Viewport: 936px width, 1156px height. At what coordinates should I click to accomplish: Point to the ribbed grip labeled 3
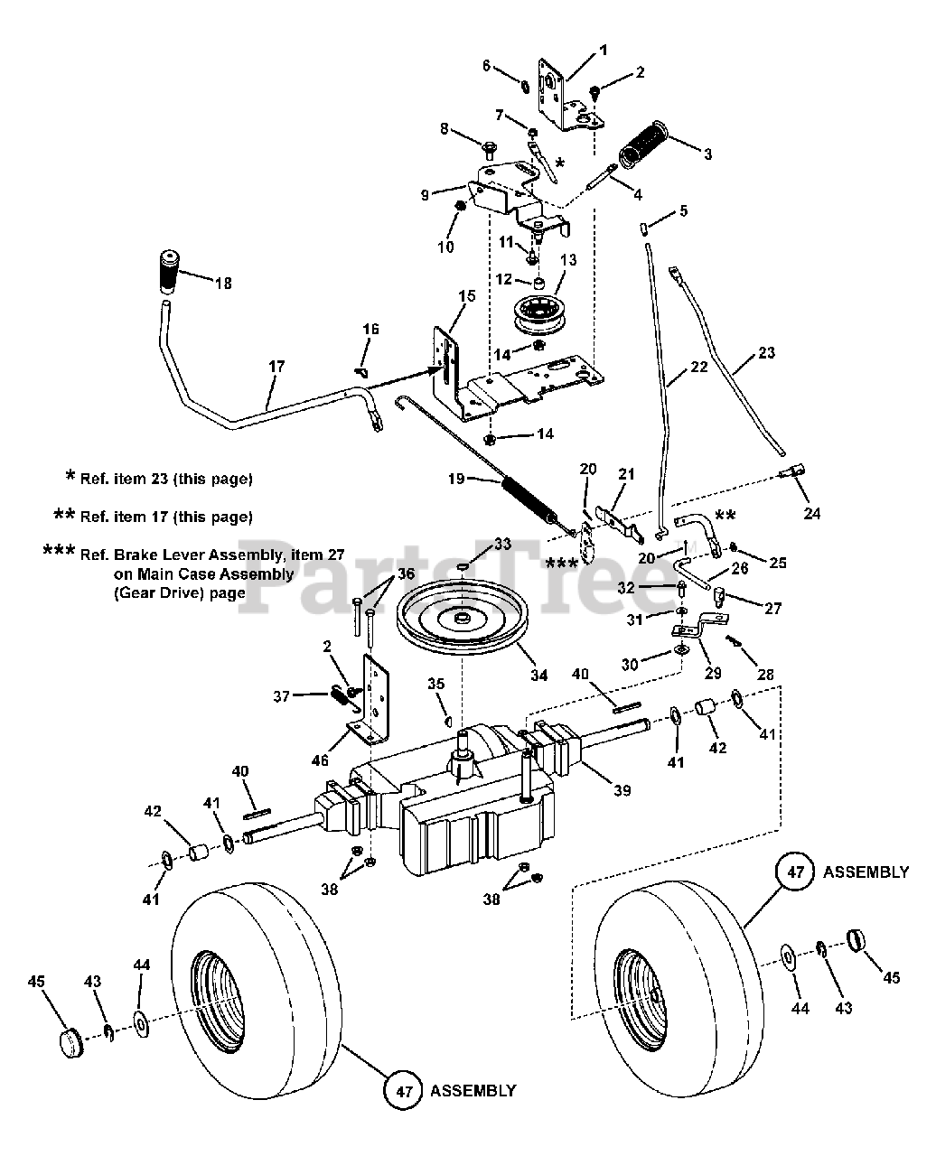tap(642, 144)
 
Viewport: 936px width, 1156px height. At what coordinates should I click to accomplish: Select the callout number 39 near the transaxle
tap(622, 790)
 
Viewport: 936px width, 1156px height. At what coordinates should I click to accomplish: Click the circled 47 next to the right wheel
tap(796, 872)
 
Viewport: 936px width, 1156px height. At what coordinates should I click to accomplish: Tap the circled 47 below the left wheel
tap(404, 1090)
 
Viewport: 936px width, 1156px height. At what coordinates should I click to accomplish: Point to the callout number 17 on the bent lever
tap(276, 366)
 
